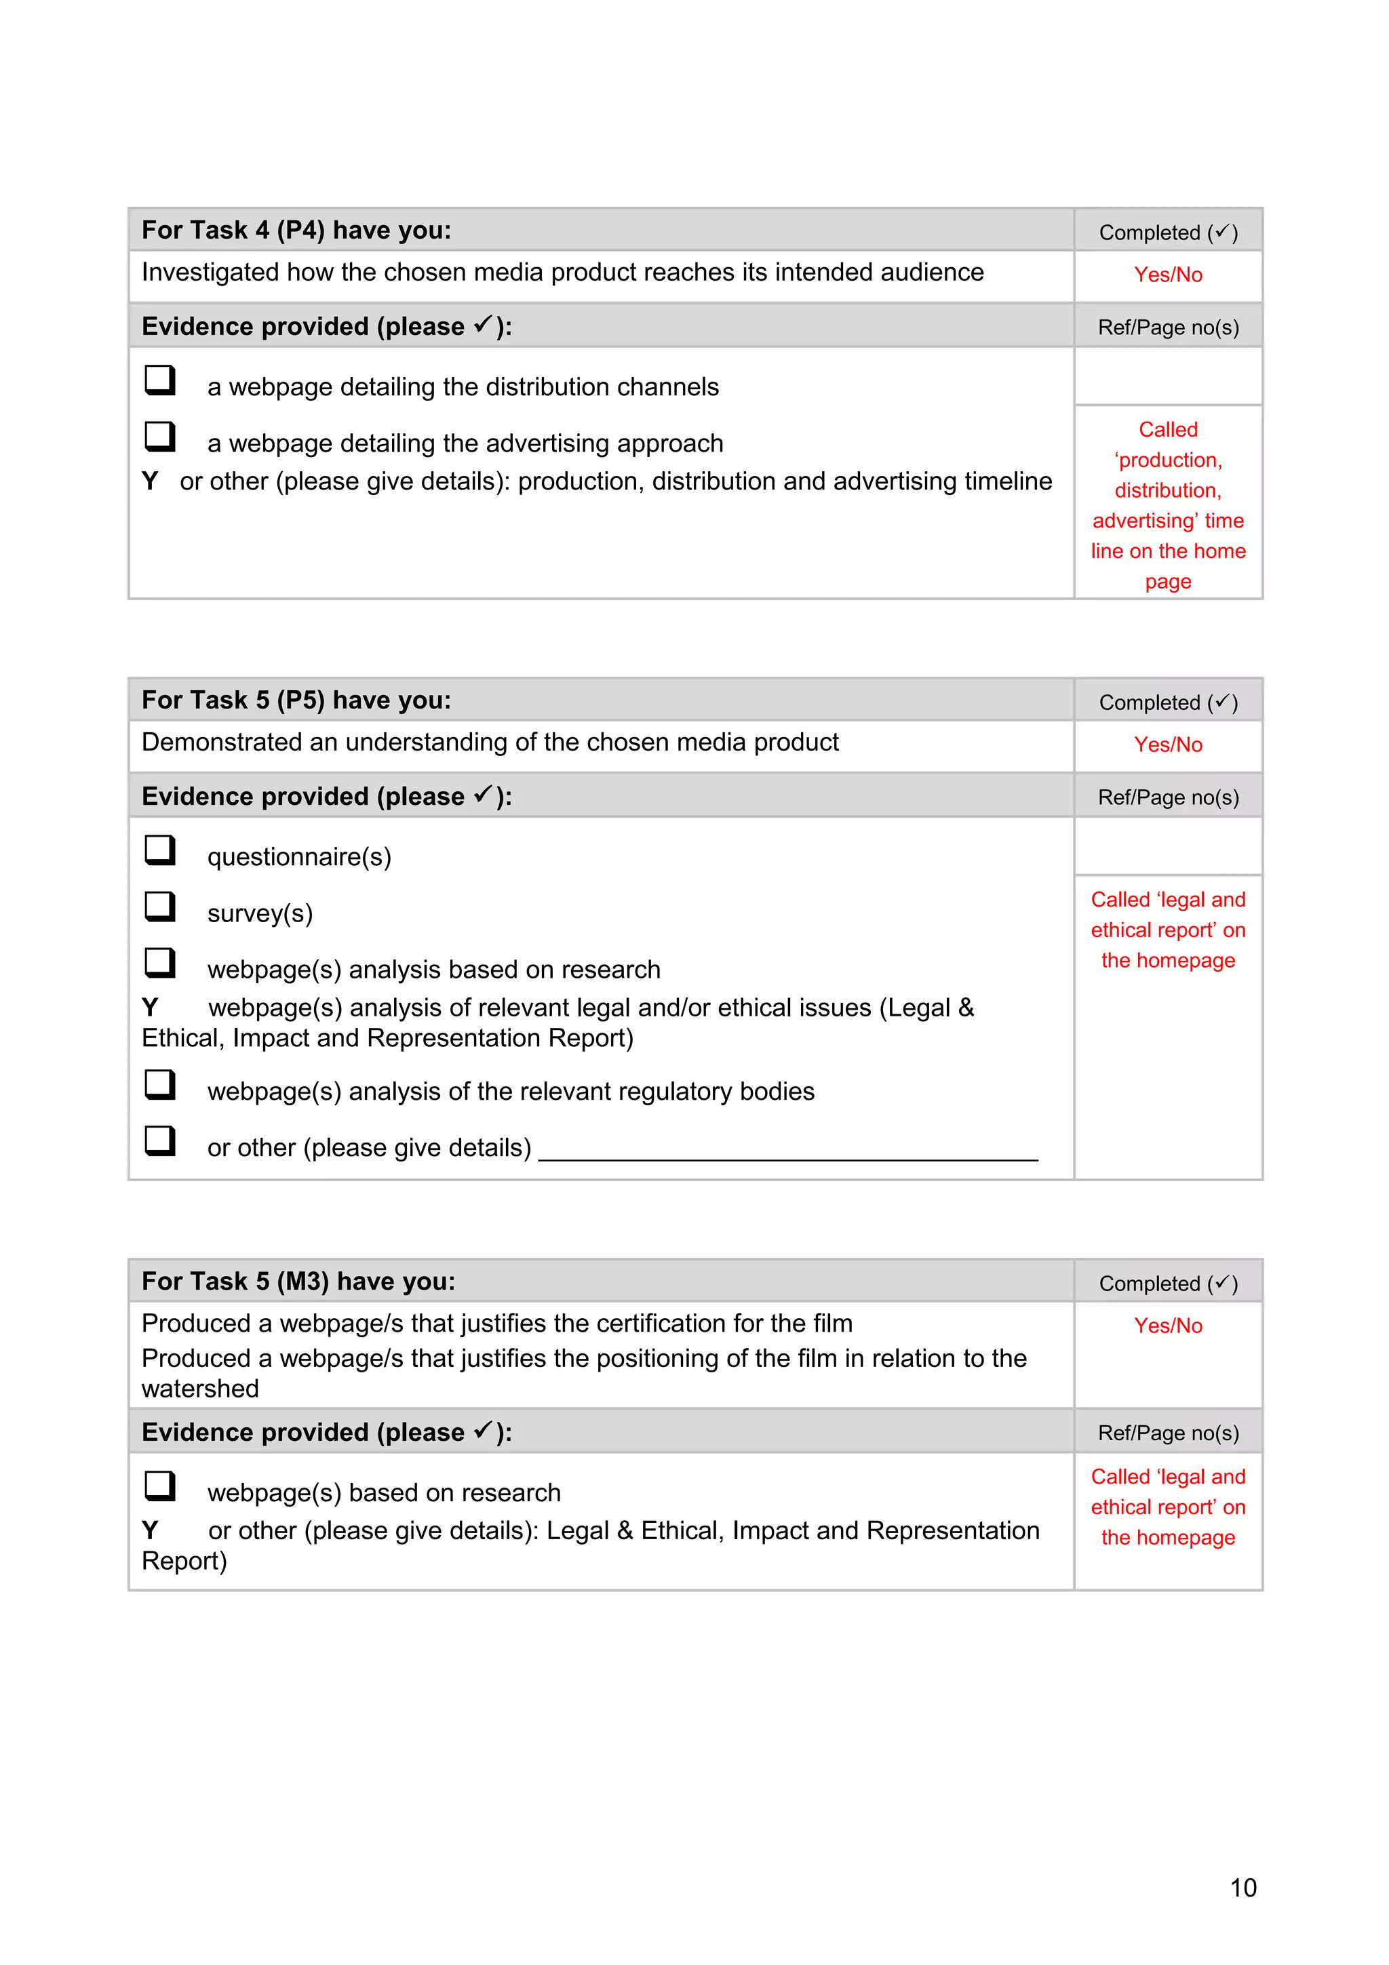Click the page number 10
1242,1887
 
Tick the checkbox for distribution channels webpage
159,379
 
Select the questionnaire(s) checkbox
159,850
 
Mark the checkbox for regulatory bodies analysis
159,1084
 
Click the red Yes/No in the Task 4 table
1167,275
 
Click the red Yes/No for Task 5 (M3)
1167,1326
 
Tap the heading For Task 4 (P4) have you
296,231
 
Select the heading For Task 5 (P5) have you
296,700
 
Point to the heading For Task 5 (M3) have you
298,1282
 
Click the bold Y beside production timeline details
151,481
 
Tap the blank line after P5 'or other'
787,1151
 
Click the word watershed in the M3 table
200,1388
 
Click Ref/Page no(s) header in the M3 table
1167,1433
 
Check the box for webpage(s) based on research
159,1486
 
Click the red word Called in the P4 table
1167,430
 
